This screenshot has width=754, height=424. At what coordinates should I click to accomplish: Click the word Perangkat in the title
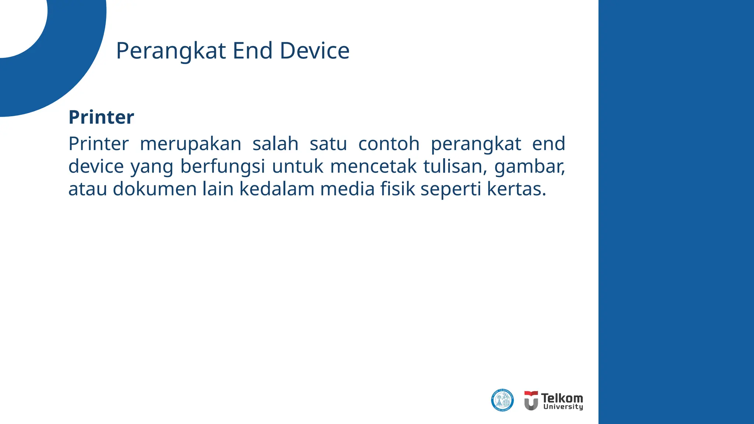(x=170, y=51)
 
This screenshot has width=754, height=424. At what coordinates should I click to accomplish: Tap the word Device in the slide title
(x=314, y=51)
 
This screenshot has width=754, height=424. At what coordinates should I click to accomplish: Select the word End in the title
(x=253, y=51)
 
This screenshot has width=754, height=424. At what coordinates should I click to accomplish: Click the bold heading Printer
(x=101, y=117)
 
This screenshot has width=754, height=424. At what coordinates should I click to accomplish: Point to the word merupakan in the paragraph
(x=190, y=144)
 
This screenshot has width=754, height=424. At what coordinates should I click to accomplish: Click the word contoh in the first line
(x=389, y=144)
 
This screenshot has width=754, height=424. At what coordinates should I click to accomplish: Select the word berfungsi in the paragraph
(x=222, y=166)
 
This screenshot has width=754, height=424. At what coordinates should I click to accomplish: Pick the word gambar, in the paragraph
(x=529, y=166)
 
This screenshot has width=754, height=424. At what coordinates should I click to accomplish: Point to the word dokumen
(x=155, y=189)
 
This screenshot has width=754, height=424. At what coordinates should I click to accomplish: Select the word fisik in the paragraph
(x=397, y=189)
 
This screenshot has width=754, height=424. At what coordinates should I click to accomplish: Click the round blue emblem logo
(x=502, y=400)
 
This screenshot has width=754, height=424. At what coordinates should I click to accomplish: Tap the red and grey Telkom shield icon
(x=531, y=400)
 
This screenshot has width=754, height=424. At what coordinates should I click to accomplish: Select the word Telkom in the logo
(x=562, y=398)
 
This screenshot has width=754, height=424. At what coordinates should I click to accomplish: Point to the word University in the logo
(x=563, y=407)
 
